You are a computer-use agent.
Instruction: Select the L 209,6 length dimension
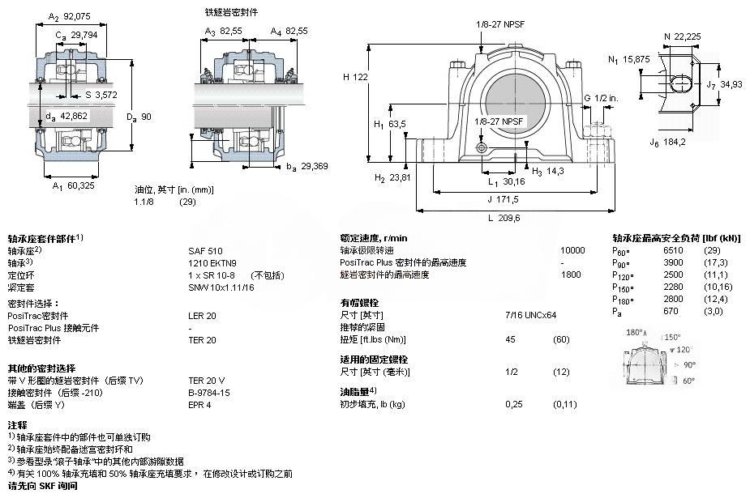(x=504, y=217)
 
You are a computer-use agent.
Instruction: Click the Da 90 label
(x=135, y=117)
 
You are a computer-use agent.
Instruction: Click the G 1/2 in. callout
(x=602, y=98)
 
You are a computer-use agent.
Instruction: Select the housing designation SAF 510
(x=205, y=251)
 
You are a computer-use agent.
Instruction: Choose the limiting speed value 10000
(x=572, y=251)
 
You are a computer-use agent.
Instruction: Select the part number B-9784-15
(x=209, y=392)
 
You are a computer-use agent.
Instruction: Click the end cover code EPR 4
(x=199, y=404)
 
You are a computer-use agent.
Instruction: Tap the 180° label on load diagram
(x=636, y=333)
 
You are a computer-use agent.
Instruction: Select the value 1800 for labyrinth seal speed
(x=572, y=275)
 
